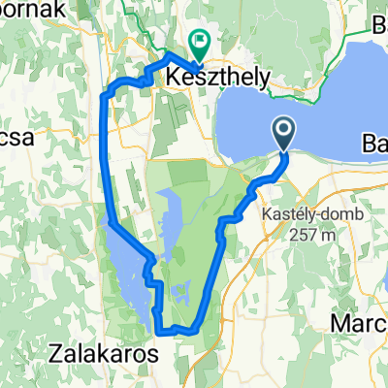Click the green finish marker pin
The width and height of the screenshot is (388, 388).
[201, 45]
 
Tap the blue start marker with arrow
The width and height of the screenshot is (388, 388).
[283, 131]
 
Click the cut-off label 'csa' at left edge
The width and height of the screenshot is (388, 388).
[17, 137]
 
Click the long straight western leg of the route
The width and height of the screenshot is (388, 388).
[106, 165]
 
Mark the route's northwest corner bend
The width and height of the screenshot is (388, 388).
[110, 91]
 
